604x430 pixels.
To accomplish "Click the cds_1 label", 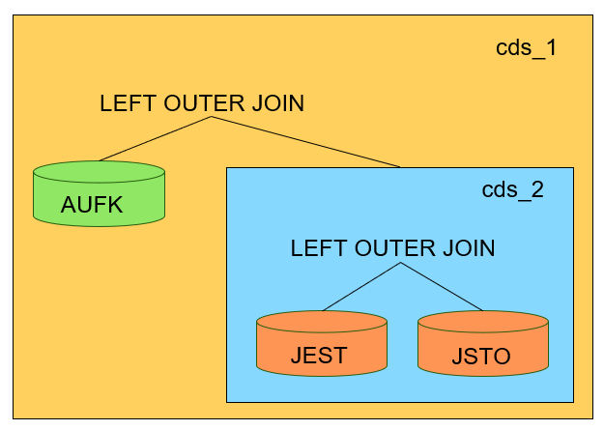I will click(526, 48).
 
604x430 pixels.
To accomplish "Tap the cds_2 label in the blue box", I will click(512, 189).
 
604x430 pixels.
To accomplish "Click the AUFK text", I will click(92, 206).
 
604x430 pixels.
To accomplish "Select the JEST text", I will click(318, 356).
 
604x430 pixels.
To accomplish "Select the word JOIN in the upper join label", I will click(278, 103).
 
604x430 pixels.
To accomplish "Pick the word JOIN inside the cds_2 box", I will click(469, 248).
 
